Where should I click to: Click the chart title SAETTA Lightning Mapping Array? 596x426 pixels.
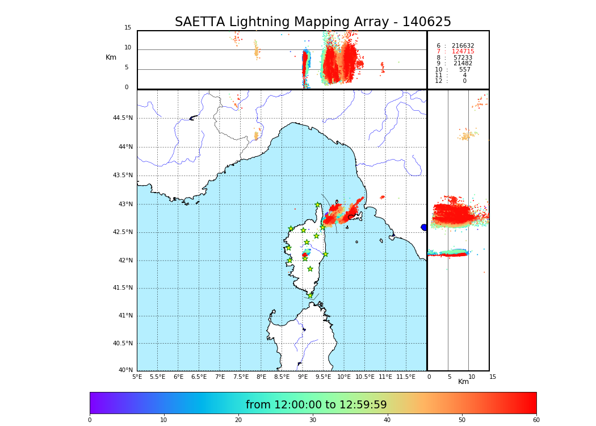(x=313, y=22)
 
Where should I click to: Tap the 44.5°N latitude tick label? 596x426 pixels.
(x=123, y=118)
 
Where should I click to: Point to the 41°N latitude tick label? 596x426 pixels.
(x=125, y=316)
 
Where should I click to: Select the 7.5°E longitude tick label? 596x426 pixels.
(x=241, y=377)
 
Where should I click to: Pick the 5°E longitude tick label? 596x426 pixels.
(x=137, y=377)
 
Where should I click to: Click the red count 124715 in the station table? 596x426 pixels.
(x=463, y=52)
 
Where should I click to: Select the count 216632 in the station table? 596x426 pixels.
(x=463, y=46)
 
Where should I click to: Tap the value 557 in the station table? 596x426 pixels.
(x=465, y=69)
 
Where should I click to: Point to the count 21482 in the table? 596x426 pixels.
(x=463, y=64)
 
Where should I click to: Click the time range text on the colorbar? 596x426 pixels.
(x=316, y=405)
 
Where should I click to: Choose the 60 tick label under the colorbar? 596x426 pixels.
(x=536, y=420)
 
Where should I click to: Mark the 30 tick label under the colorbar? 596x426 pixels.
(x=313, y=420)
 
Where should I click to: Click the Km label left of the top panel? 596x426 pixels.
(x=111, y=57)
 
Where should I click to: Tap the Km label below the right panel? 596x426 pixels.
(x=464, y=382)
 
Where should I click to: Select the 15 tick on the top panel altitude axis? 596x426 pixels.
(x=128, y=28)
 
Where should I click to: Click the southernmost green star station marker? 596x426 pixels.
(x=310, y=295)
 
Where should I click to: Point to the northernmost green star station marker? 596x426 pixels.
(x=317, y=205)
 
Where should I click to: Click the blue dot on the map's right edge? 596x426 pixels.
(x=424, y=227)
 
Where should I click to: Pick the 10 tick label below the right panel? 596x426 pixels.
(x=471, y=377)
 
